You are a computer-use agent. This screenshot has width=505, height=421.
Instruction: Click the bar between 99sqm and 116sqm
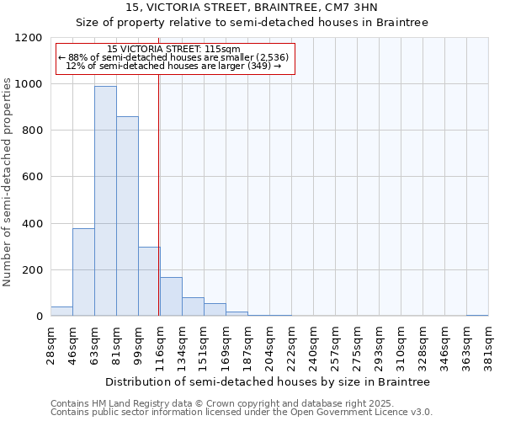(x=149, y=281)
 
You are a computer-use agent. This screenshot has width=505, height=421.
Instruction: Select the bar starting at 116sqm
(x=171, y=296)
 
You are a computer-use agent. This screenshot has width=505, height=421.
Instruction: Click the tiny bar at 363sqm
(x=477, y=315)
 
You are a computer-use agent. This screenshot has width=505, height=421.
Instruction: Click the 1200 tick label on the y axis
(x=29, y=38)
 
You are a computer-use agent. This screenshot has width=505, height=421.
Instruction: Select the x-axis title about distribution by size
(x=268, y=381)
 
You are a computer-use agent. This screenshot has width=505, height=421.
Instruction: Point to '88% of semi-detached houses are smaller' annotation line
(x=174, y=57)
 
